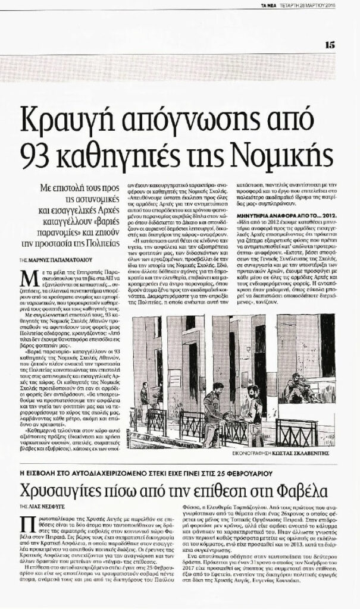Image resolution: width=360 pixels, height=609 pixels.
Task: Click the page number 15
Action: point(329,43)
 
